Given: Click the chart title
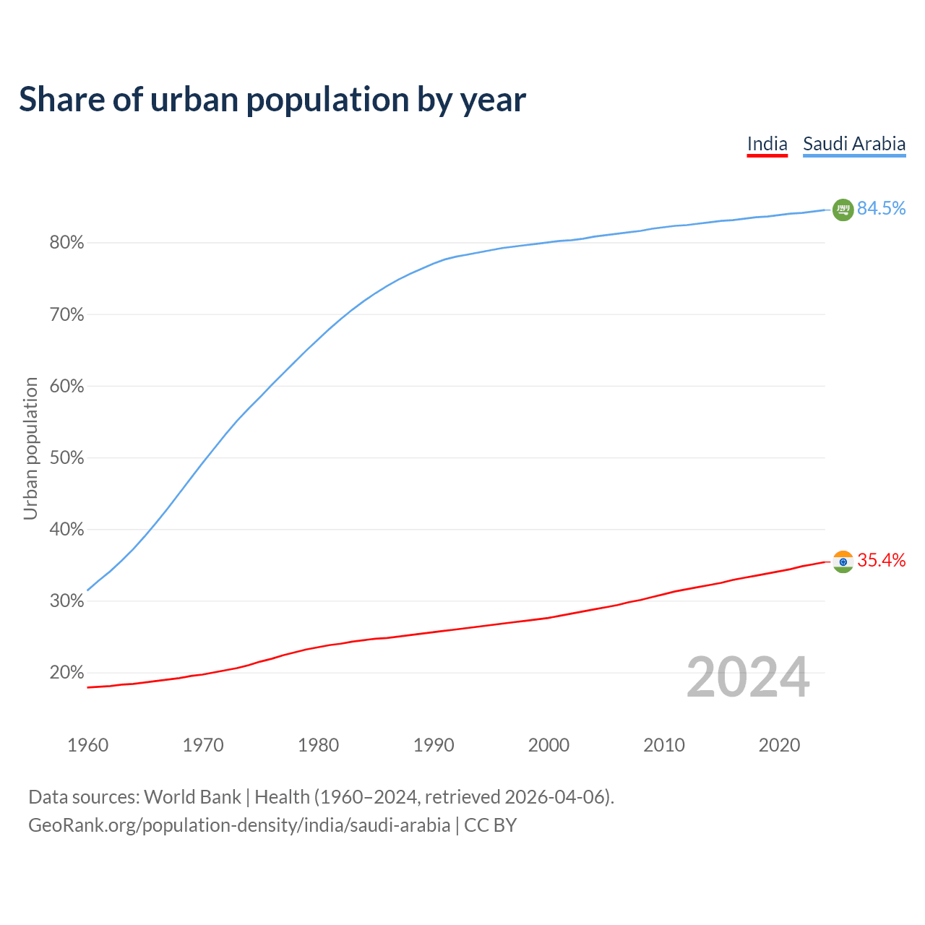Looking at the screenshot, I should [272, 100].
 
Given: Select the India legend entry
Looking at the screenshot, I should [767, 144].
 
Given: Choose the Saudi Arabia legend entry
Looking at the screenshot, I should [854, 144].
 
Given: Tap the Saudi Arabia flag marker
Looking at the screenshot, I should [843, 210].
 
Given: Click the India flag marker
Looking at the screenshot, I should [843, 562].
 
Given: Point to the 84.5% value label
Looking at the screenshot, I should [881, 209].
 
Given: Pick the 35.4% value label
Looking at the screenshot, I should [881, 561].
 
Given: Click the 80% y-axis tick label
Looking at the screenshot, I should [66, 243].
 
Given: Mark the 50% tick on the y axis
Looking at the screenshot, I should [66, 458].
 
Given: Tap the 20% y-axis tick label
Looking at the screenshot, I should [66, 673].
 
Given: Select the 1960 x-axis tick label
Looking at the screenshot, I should [87, 745].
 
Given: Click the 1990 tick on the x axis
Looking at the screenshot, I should [434, 745].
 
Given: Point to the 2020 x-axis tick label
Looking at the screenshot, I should [779, 745].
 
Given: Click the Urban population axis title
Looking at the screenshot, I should [30, 448].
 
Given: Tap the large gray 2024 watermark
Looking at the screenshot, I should [748, 677].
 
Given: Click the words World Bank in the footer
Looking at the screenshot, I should [192, 797].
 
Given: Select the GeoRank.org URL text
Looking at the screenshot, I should [238, 825].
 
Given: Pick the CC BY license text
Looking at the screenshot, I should [490, 825].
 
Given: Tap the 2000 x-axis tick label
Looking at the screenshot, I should [548, 745].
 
